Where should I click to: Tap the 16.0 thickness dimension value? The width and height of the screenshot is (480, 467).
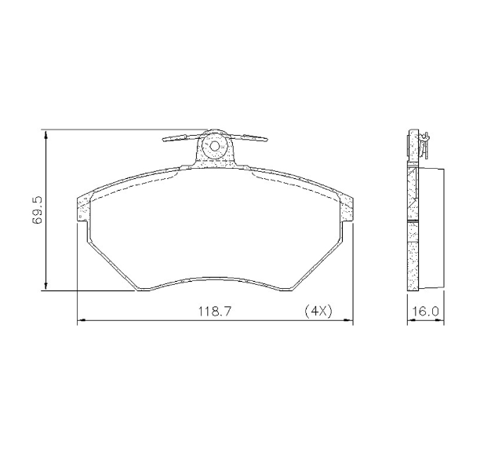[424, 311]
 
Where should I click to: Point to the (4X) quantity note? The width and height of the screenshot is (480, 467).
[318, 311]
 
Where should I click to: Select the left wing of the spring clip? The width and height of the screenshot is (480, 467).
[179, 139]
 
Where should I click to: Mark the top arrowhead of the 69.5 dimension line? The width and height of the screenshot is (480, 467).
[48, 134]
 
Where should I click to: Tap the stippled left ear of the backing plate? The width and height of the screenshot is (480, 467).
[84, 208]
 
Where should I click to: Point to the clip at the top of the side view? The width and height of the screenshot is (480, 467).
[423, 141]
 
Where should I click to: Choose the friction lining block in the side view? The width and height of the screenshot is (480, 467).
[431, 228]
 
